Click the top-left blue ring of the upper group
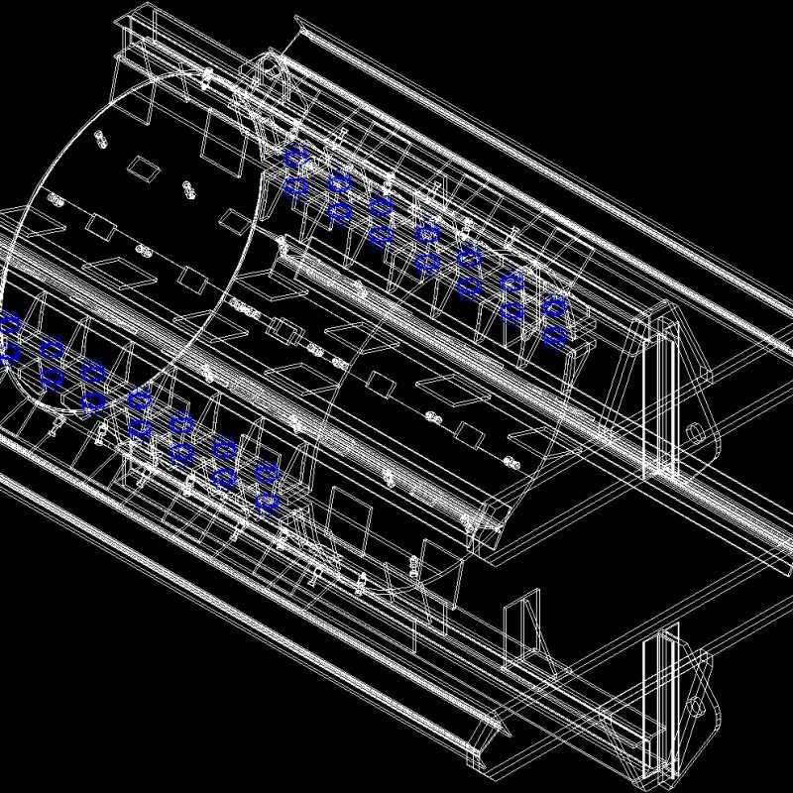click(294, 157)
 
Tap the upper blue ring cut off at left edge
click(10, 322)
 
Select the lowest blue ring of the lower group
click(266, 503)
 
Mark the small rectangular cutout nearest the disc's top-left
click(144, 168)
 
